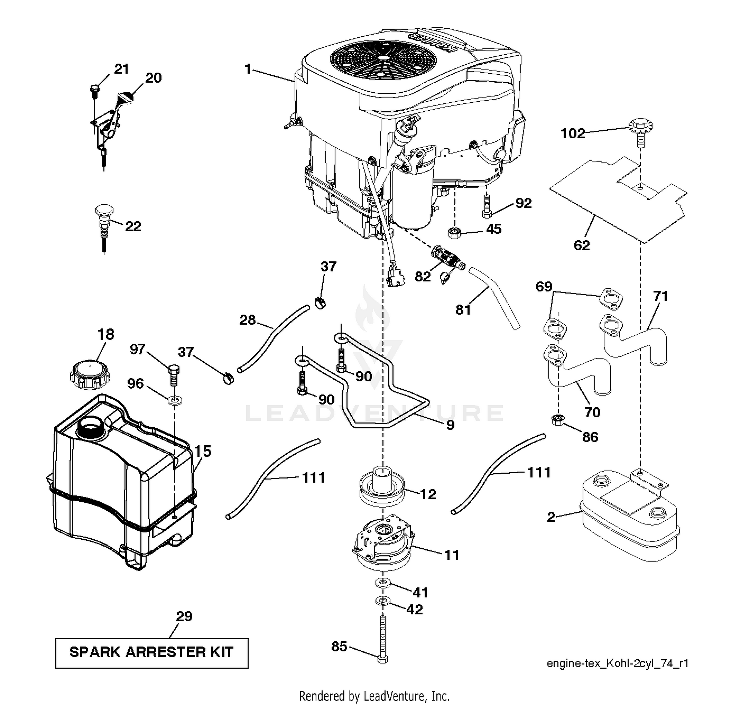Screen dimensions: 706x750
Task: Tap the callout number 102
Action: [x=572, y=133]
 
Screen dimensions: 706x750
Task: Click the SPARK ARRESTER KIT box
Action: [x=151, y=652]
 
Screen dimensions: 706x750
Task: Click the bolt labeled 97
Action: [x=173, y=374]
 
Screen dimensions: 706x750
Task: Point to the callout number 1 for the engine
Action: [x=248, y=69]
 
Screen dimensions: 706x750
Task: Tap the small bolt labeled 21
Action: [x=94, y=90]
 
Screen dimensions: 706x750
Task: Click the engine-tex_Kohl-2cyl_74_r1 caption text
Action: [x=617, y=663]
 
